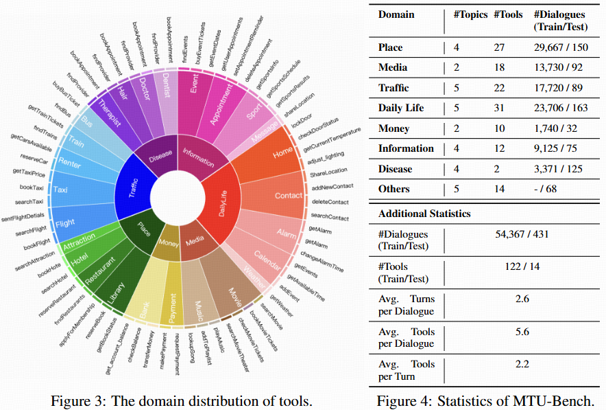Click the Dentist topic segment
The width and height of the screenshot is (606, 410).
point(169,103)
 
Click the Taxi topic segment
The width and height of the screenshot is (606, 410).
point(61,189)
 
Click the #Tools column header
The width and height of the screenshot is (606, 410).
point(508,15)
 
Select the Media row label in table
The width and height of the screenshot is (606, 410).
point(392,67)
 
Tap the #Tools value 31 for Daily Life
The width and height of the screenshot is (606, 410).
point(500,108)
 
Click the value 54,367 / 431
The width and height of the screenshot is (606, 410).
point(519,234)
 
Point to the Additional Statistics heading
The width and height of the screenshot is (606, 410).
point(424,214)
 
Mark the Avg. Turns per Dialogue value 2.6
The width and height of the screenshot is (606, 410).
point(519,299)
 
